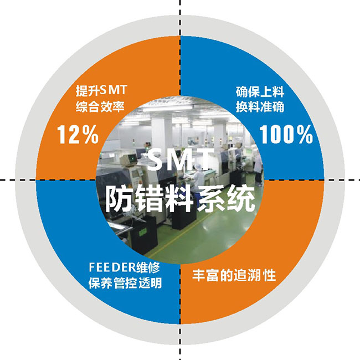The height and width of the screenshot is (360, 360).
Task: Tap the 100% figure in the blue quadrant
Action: click(286, 135)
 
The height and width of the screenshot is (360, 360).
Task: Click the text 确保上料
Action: click(260, 90)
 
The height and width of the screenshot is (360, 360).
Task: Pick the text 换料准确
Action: click(260, 106)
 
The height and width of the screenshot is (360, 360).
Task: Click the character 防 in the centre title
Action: click(120, 198)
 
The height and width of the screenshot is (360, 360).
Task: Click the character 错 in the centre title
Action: click(150, 198)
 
